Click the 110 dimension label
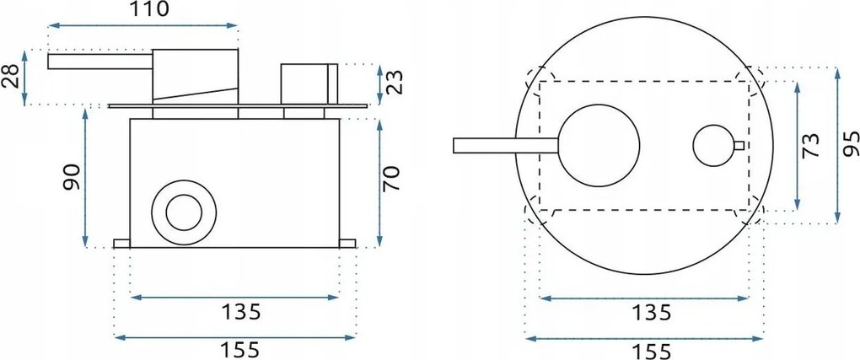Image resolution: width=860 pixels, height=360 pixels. pos(145,10)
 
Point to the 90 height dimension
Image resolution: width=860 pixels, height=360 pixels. pos(72,178)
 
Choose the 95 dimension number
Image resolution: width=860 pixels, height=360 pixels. pos(850,146)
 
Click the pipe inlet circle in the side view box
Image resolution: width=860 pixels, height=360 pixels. pos(183,211)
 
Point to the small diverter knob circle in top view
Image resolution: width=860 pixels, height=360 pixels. pos(713,146)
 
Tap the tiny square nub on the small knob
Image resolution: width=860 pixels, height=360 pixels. pos(739,146)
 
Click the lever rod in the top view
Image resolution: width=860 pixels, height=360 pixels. pos(506,146)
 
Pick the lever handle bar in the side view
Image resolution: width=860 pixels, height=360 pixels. pos(99,62)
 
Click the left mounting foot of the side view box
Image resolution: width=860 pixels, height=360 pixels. pos(122,244)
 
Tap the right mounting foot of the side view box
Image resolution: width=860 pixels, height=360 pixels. pos(347,244)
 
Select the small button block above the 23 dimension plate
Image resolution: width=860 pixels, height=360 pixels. pos(309,83)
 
